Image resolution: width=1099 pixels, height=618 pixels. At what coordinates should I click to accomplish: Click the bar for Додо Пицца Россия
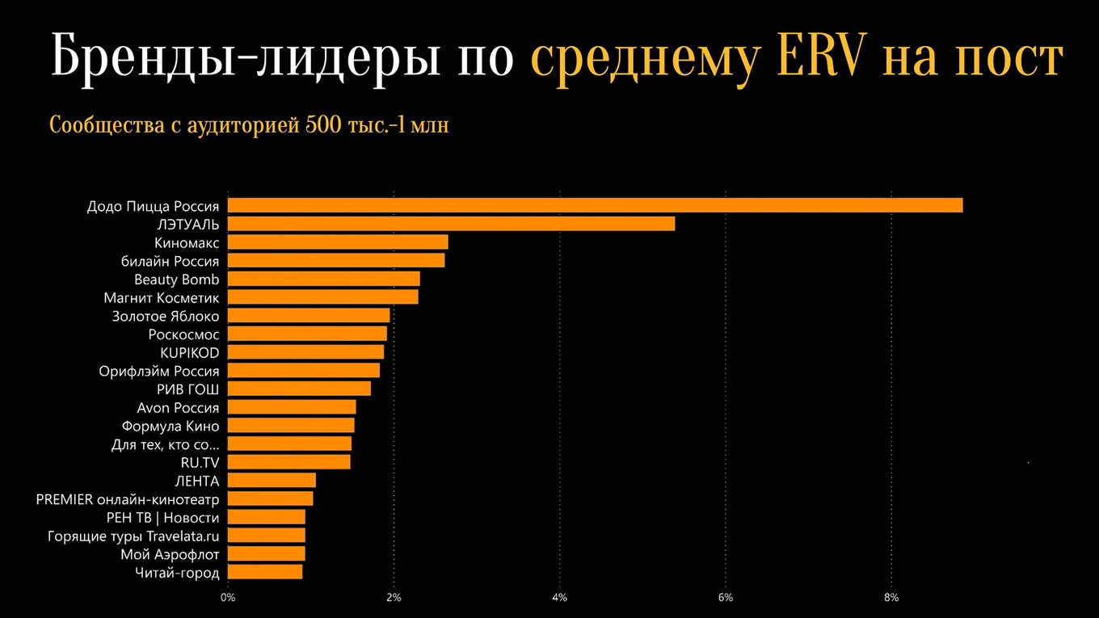tap(595, 205)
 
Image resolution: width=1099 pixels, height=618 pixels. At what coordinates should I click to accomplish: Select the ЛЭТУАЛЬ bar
tap(451, 224)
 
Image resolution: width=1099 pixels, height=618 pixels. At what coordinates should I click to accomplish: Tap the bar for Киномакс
tap(338, 242)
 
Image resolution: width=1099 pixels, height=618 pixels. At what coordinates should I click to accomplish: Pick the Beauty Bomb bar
tap(324, 279)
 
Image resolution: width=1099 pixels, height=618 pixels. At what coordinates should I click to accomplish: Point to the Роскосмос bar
tap(307, 334)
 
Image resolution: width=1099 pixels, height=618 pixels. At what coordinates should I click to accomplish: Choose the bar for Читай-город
tap(265, 572)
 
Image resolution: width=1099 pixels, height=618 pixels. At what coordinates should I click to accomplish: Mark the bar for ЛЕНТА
tap(272, 481)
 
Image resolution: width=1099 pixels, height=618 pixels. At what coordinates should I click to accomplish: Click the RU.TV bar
tap(289, 462)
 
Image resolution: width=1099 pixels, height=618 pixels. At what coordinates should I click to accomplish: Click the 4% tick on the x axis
tap(559, 598)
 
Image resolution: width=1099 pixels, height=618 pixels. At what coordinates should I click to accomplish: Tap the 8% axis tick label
tap(891, 598)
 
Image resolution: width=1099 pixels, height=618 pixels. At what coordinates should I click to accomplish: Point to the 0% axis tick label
tap(228, 598)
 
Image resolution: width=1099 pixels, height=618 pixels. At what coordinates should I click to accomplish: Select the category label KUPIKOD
tap(190, 352)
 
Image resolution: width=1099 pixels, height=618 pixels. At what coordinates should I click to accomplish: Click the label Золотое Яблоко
tap(166, 316)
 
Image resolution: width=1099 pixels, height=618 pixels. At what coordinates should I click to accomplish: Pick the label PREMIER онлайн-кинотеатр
tap(128, 499)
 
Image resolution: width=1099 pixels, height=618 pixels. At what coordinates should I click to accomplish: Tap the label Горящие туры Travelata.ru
tap(133, 536)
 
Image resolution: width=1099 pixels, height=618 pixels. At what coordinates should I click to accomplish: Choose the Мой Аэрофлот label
tap(170, 554)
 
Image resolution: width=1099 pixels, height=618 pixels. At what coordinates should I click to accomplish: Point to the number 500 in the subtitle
tap(321, 126)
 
